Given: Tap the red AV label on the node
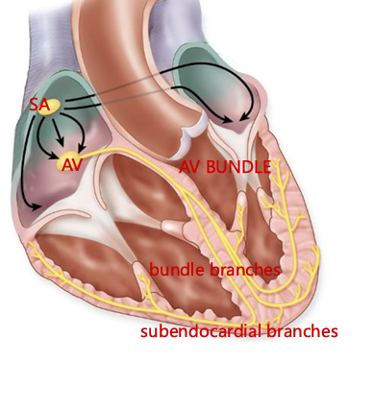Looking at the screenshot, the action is pyautogui.click(x=71, y=164).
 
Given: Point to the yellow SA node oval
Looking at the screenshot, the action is pyautogui.click(x=49, y=105).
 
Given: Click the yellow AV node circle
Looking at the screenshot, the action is pyautogui.click(x=70, y=159).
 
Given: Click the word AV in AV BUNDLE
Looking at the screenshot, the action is pyautogui.click(x=189, y=167).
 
